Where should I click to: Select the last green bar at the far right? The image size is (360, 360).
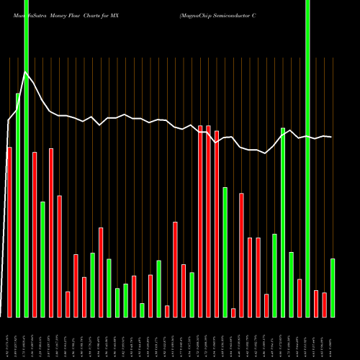point(333,287)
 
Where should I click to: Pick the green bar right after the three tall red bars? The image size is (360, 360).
point(225,252)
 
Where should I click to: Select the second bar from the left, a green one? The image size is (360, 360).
point(18,205)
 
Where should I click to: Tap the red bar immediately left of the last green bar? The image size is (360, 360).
point(324,305)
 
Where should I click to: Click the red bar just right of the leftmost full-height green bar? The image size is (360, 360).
point(35,234)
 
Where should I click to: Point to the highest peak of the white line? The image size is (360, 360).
point(26,72)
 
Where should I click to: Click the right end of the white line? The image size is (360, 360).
point(331,137)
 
